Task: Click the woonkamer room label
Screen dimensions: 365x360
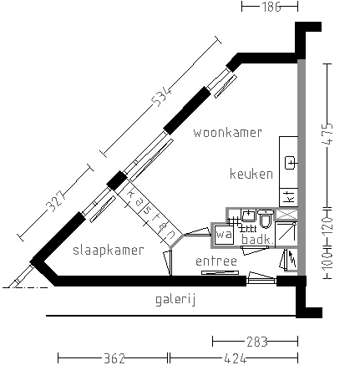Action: tap(227, 132)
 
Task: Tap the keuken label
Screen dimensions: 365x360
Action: tap(251, 175)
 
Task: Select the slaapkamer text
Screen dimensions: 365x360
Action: tap(108, 250)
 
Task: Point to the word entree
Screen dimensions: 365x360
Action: tap(216, 262)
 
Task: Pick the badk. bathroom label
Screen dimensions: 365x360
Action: tap(256, 240)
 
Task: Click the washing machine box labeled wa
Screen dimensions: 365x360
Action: tap(223, 236)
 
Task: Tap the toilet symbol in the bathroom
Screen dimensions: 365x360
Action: tap(266, 221)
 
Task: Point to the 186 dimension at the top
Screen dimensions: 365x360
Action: tap(269, 7)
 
